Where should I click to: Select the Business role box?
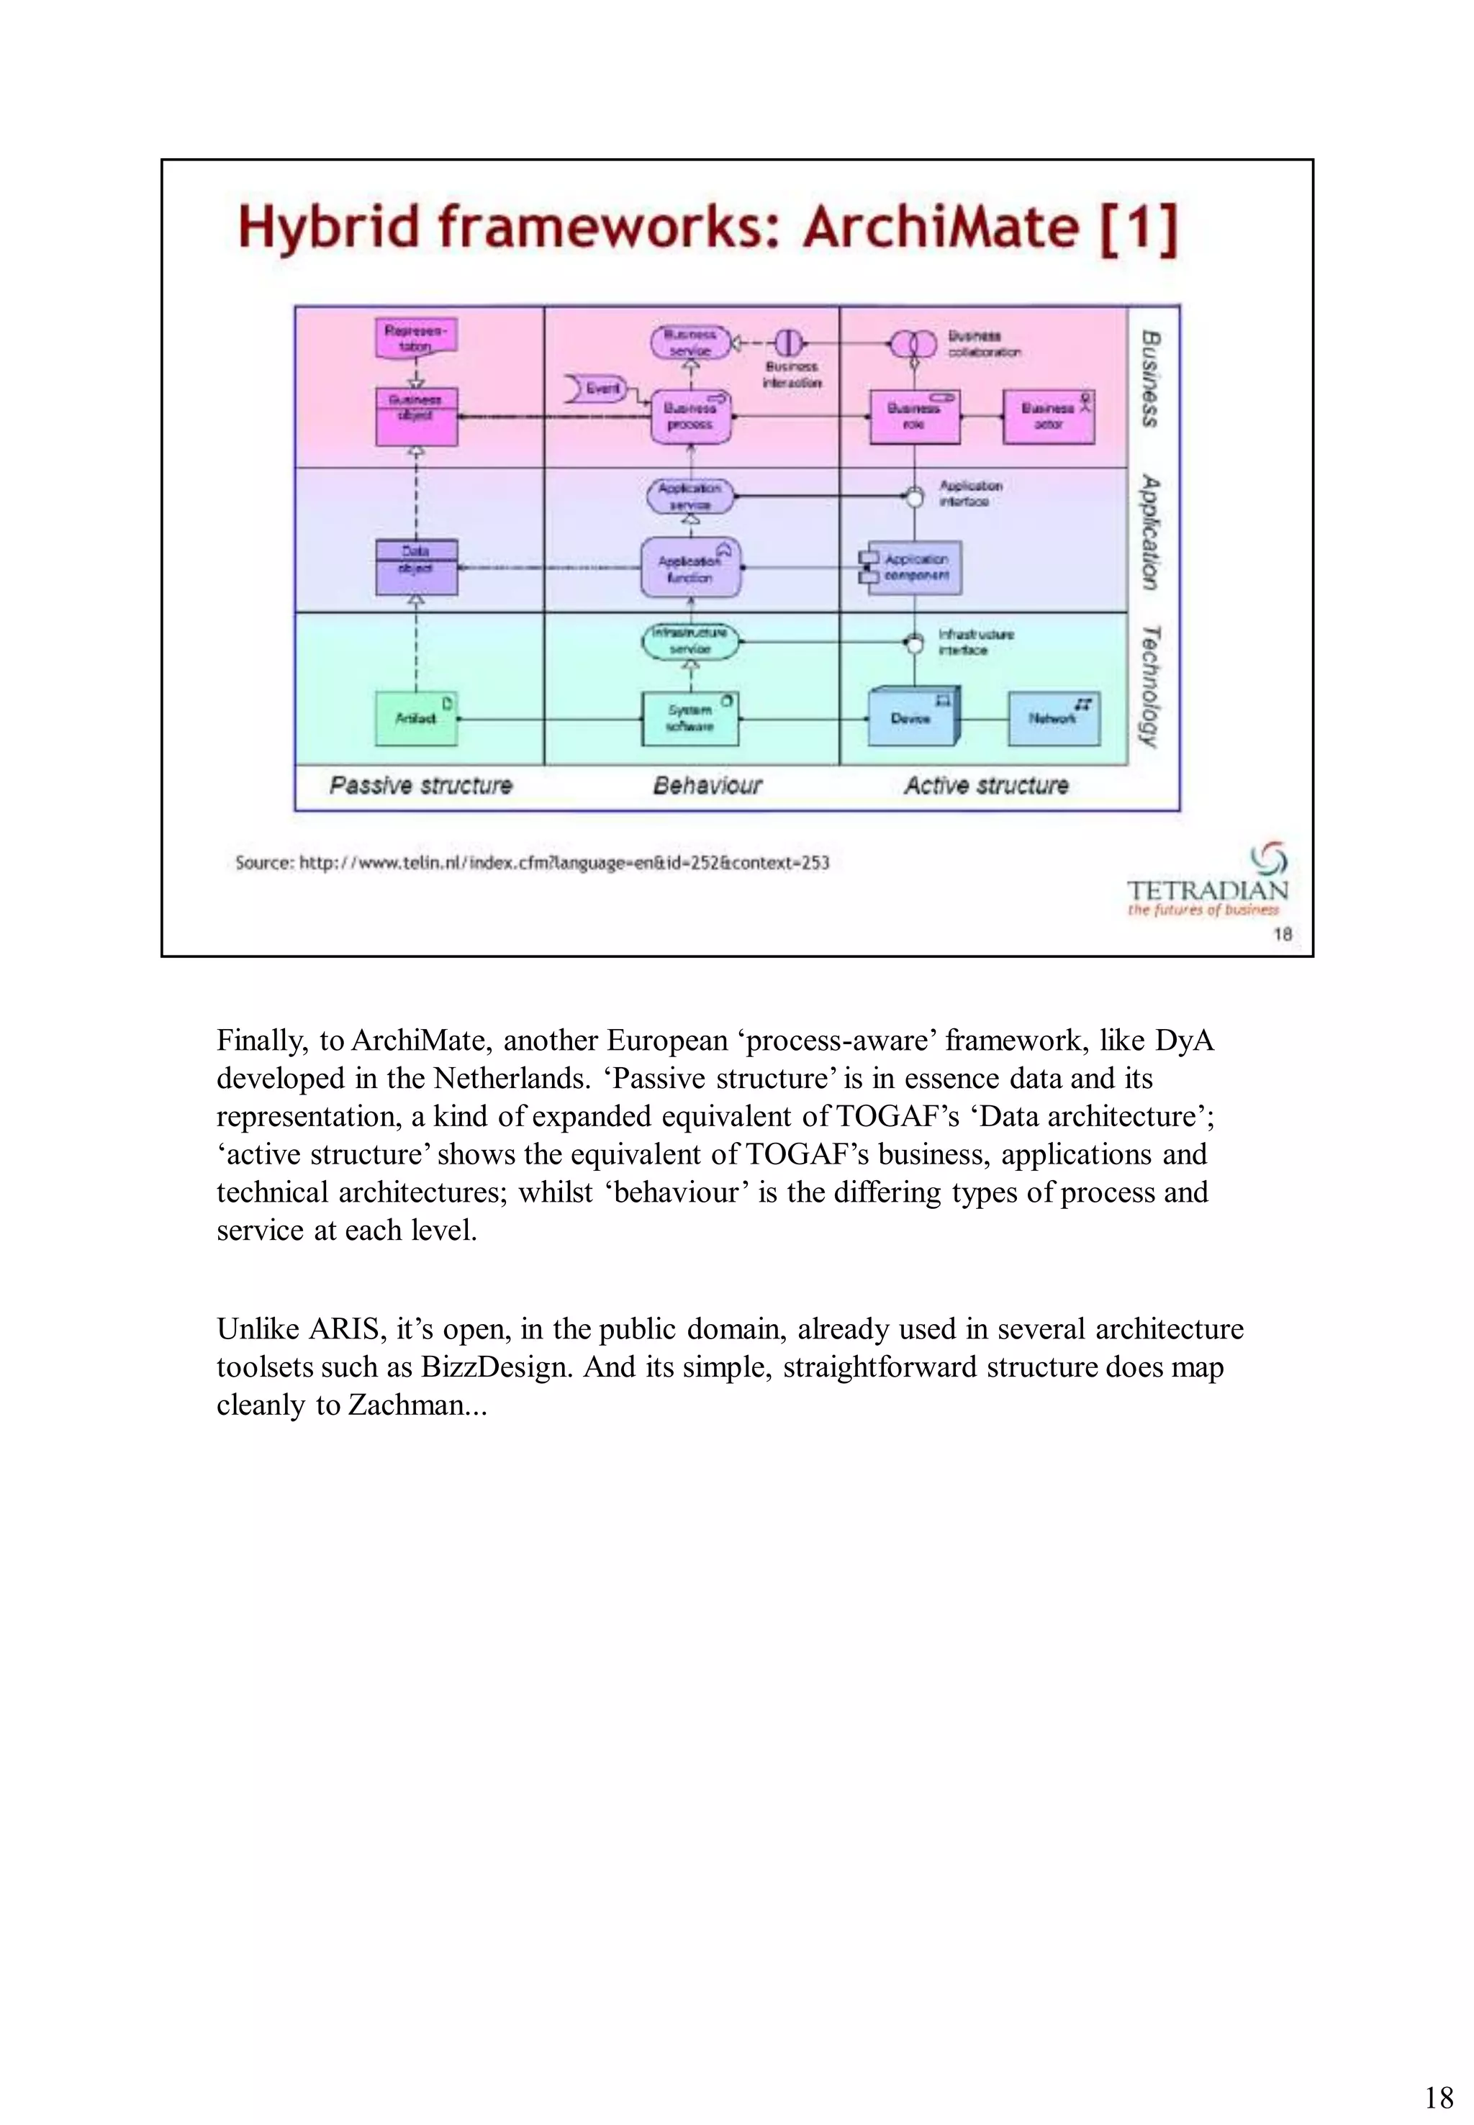[x=914, y=417]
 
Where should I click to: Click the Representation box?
[x=415, y=339]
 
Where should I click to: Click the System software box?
[x=690, y=718]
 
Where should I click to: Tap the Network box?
[x=1053, y=718]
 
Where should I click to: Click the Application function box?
[x=690, y=567]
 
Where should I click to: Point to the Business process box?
[x=690, y=417]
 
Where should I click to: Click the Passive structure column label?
[x=421, y=786]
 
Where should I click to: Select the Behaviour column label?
[x=707, y=786]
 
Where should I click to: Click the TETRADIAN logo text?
[x=1206, y=890]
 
